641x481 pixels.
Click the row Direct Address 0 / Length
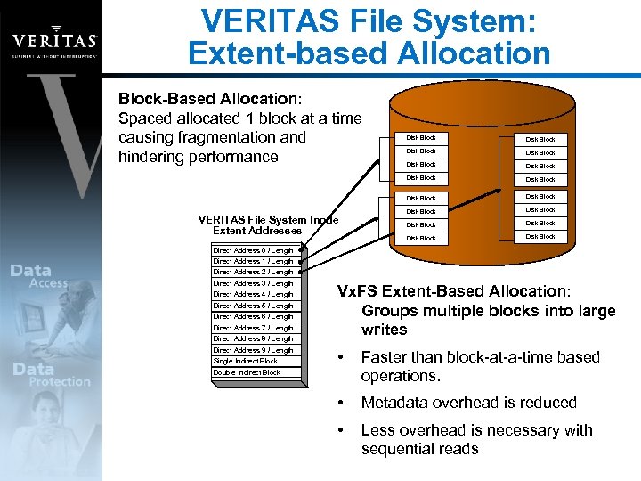click(x=253, y=250)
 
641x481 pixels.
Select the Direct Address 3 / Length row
click(x=253, y=283)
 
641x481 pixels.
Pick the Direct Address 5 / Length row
click(x=253, y=306)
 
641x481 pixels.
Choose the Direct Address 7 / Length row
click(x=253, y=328)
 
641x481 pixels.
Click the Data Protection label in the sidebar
click(x=49, y=374)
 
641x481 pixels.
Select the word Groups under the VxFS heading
click(x=386, y=311)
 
